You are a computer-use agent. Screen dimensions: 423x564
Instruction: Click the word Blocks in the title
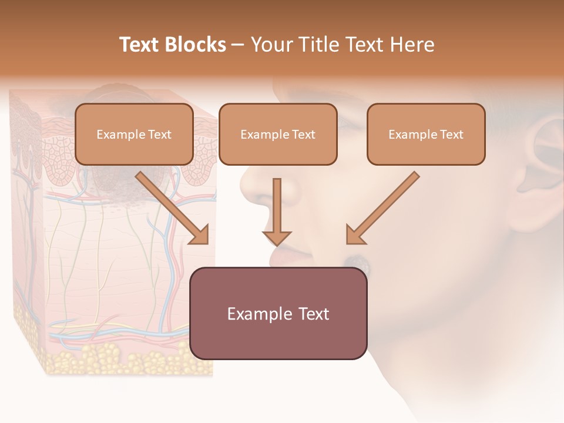pyautogui.click(x=196, y=45)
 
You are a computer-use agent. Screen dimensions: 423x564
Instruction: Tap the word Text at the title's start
pyautogui.click(x=140, y=45)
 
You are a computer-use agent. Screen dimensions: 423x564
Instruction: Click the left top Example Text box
pyautogui.click(x=134, y=134)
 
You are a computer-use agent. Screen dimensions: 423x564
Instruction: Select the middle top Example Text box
pyautogui.click(x=278, y=134)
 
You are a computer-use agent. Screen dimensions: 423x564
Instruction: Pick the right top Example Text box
pyautogui.click(x=426, y=134)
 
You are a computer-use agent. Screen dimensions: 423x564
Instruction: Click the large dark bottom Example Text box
pyautogui.click(x=278, y=314)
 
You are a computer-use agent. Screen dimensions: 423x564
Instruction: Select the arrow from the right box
pyautogui.click(x=382, y=208)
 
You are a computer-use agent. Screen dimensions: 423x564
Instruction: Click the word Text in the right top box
pyautogui.click(x=451, y=135)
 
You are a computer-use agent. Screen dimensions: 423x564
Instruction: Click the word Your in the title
pyautogui.click(x=271, y=45)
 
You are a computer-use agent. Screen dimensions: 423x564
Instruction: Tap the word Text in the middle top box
pyautogui.click(x=303, y=135)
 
